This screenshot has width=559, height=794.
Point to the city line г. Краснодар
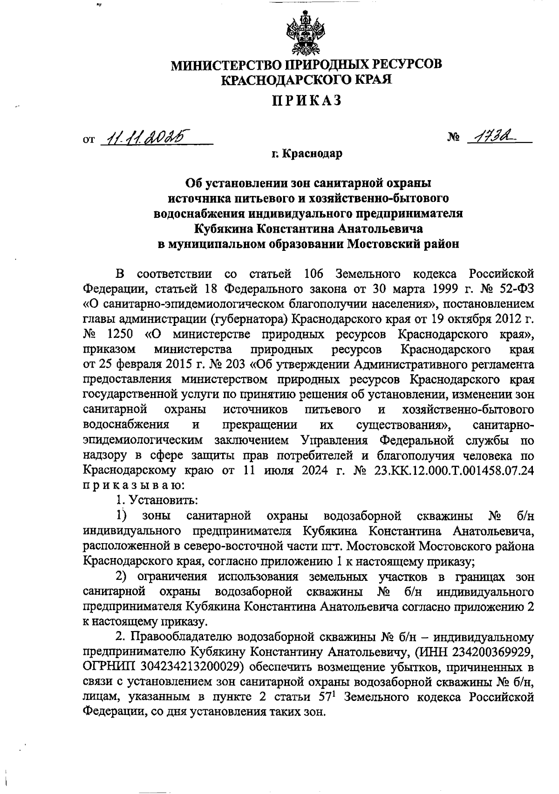(x=307, y=153)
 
